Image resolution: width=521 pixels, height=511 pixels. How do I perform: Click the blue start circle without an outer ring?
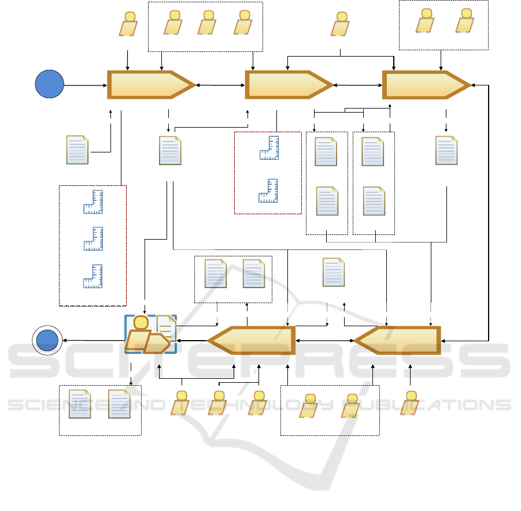[x=49, y=85]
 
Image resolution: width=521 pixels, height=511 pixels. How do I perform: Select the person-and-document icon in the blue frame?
[x=150, y=334]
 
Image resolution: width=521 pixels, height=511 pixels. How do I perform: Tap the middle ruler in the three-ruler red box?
[x=93, y=238]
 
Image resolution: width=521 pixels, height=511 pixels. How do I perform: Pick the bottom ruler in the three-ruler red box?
[x=93, y=276]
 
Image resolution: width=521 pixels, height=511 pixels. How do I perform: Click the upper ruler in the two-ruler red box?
[x=269, y=148]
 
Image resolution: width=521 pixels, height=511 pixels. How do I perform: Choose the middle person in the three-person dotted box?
[x=206, y=23]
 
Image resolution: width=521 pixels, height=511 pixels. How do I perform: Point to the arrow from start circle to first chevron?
[x=86, y=85]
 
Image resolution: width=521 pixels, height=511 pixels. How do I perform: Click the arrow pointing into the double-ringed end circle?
[x=93, y=341]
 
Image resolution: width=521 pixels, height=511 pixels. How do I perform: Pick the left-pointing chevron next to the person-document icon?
[x=252, y=341]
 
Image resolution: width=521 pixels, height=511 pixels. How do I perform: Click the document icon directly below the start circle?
[x=77, y=150]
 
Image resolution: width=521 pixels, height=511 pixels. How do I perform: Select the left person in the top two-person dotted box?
[x=426, y=21]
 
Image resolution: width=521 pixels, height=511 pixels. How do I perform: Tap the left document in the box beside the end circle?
[x=80, y=404]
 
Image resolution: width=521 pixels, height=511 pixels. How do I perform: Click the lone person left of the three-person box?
[x=128, y=24]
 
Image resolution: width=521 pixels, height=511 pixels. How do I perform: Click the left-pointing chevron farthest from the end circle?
[x=397, y=341]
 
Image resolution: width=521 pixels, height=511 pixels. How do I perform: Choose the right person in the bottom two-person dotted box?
[x=350, y=405]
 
